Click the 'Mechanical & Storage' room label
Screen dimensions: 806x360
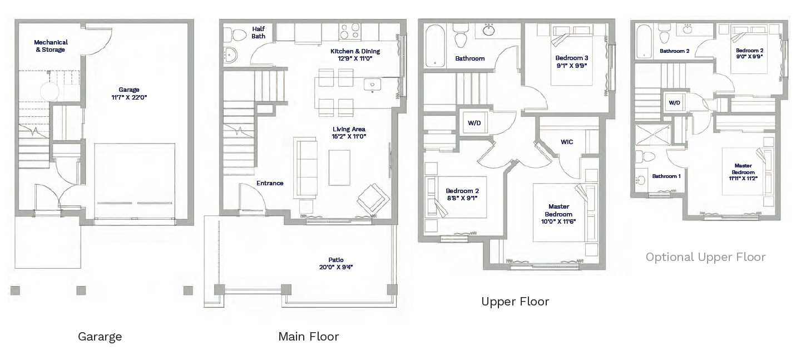click(x=51, y=46)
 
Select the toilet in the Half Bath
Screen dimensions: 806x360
click(x=238, y=34)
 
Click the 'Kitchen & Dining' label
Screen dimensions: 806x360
click(x=355, y=51)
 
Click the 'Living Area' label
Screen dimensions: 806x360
click(x=349, y=129)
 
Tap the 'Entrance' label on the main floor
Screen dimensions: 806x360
click(x=270, y=183)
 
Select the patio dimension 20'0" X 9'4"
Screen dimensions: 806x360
click(x=335, y=267)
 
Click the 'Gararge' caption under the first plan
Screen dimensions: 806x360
click(x=100, y=337)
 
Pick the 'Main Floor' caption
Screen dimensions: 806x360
click(x=308, y=337)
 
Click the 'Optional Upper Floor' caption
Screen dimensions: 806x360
click(x=705, y=257)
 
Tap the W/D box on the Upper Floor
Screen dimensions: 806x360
click(x=474, y=123)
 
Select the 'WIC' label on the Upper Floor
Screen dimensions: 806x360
click(x=566, y=142)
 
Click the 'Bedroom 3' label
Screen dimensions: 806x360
click(x=571, y=58)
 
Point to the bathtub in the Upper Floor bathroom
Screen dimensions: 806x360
click(x=434, y=45)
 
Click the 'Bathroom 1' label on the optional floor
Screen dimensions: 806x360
click(x=666, y=176)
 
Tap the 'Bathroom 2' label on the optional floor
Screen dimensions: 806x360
click(x=674, y=51)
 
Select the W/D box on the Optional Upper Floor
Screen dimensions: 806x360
click(x=674, y=103)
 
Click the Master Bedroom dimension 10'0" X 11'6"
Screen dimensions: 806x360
click(x=558, y=221)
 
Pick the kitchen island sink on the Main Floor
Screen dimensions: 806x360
click(x=372, y=85)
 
